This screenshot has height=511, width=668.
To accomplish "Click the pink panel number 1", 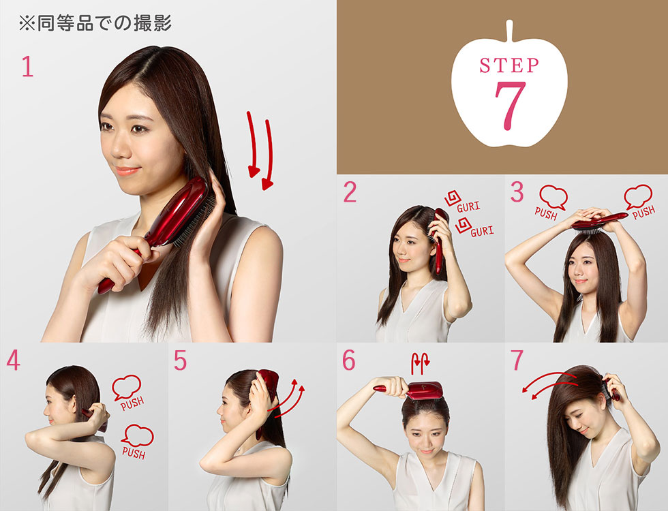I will point(27,67).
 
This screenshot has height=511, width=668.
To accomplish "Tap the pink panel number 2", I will point(350,193).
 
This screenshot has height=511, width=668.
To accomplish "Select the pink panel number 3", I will point(517,193).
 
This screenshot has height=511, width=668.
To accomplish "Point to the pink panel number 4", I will point(13,361).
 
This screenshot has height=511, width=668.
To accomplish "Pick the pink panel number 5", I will point(180,361).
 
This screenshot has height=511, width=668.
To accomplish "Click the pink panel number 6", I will point(349,361).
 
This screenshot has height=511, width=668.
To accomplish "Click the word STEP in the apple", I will point(509,65).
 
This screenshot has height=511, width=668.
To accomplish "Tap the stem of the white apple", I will point(509,31).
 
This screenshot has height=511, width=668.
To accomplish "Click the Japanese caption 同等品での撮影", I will point(95,24).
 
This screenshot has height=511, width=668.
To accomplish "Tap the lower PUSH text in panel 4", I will point(134,451).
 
